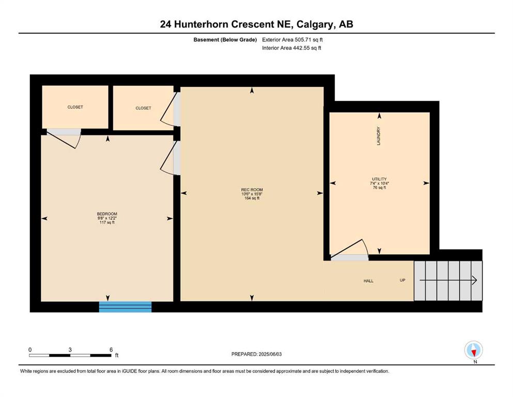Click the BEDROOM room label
(x=107, y=213)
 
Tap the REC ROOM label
(x=252, y=190)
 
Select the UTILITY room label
(x=379, y=179)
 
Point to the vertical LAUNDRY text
(x=379, y=136)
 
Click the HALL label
(x=368, y=281)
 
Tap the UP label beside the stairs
(x=402, y=280)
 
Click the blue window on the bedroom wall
(x=126, y=307)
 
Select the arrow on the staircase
(x=448, y=280)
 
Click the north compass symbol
(x=474, y=350)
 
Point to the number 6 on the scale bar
(x=111, y=349)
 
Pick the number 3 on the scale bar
(x=70, y=349)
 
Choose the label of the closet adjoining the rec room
(x=143, y=108)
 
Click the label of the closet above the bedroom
(x=75, y=107)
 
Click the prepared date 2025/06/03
(x=270, y=354)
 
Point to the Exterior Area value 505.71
(x=302, y=40)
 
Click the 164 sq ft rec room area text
(x=252, y=198)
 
